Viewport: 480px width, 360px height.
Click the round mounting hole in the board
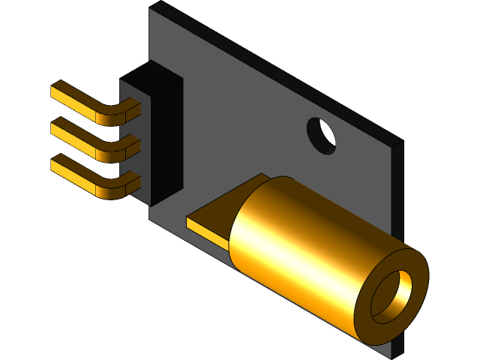[x=322, y=134]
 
